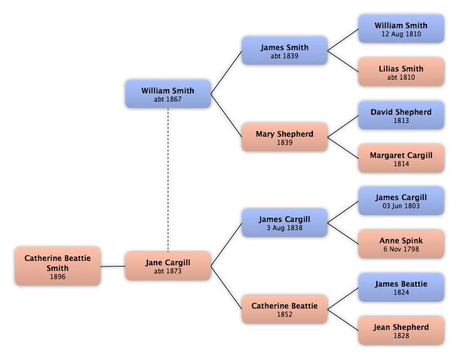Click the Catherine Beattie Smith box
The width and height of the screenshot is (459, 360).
pyautogui.click(x=58, y=266)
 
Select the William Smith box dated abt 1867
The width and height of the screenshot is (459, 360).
pyautogui.click(x=167, y=94)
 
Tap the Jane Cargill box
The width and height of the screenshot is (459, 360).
pyautogui.click(x=167, y=266)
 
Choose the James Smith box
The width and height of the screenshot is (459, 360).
pyautogui.click(x=284, y=51)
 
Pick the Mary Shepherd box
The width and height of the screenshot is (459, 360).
pyautogui.click(x=284, y=137)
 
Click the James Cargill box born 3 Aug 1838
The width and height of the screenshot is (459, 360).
pyautogui.click(x=284, y=223)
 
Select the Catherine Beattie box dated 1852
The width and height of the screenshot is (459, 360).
pyautogui.click(x=284, y=309)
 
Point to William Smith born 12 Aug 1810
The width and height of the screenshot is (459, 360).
pyautogui.click(x=401, y=29)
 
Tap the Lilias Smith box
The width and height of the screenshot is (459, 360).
pyautogui.click(x=401, y=72)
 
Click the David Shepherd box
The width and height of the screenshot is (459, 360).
pyautogui.click(x=401, y=115)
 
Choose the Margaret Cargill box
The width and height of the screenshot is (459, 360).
pyautogui.click(x=401, y=159)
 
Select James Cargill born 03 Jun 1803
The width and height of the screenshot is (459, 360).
pyautogui.click(x=401, y=201)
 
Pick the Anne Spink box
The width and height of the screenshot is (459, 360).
pyautogui.click(x=401, y=244)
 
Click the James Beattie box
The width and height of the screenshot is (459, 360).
pyautogui.click(x=401, y=287)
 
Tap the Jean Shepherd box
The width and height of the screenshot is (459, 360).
pyautogui.click(x=401, y=331)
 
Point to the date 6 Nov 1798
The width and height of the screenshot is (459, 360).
pyautogui.click(x=401, y=250)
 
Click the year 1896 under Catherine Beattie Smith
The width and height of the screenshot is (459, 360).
pyautogui.click(x=58, y=277)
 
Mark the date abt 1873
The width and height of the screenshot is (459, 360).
pyautogui.click(x=167, y=272)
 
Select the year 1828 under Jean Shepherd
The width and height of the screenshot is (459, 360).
pyautogui.click(x=401, y=336)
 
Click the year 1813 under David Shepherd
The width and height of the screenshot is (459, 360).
pyautogui.click(x=401, y=121)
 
